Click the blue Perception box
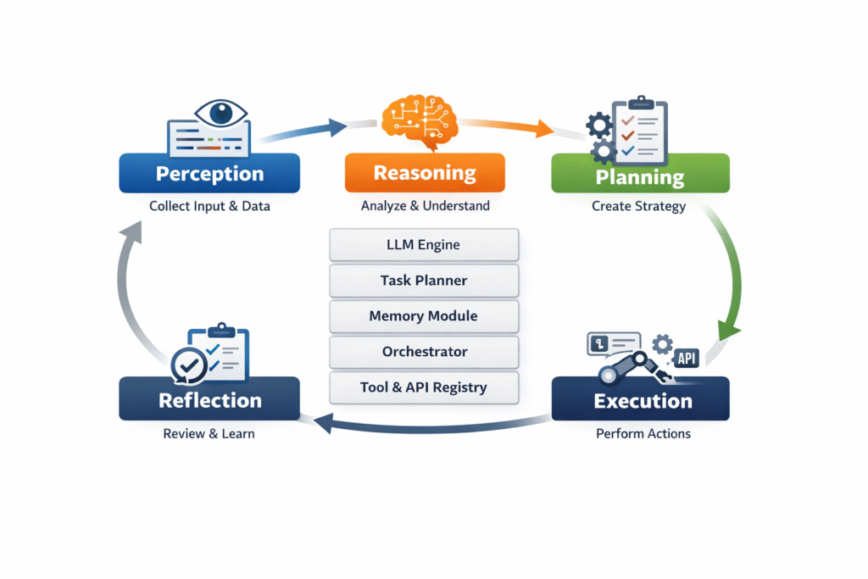point(209,174)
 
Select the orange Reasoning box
point(425,174)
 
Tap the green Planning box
point(640,176)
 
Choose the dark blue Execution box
point(640,399)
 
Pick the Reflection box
point(209,399)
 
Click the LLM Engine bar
point(423,245)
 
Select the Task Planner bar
point(423,281)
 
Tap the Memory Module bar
point(423,316)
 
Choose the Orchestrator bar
point(423,352)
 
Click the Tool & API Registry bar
point(423,387)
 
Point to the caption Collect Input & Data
point(209,206)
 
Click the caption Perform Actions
point(643,434)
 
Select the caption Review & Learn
point(209,434)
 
